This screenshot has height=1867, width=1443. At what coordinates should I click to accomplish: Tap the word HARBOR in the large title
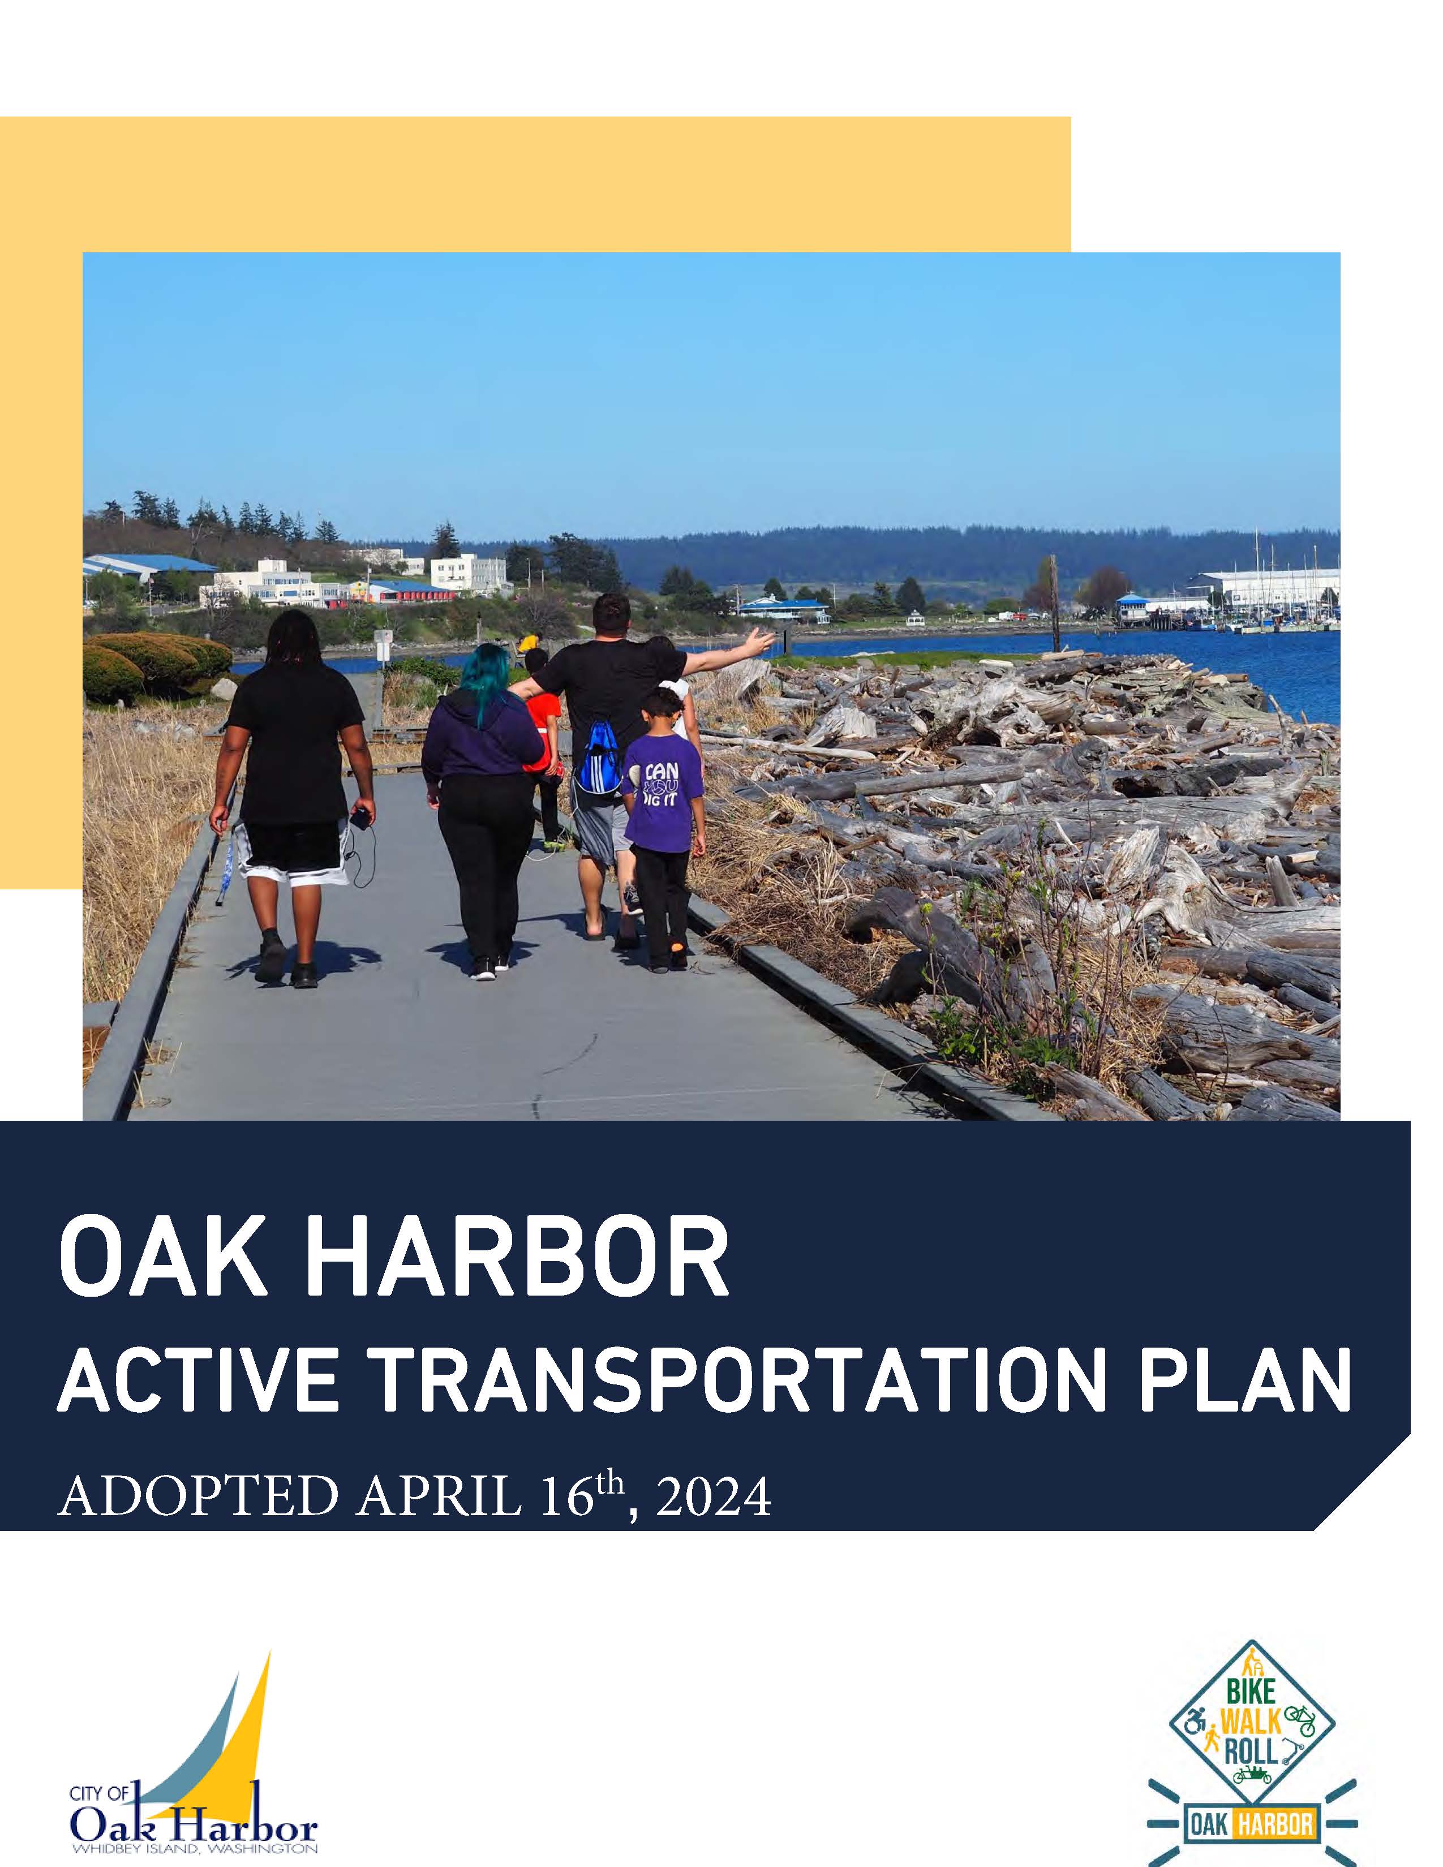tap(517, 1263)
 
